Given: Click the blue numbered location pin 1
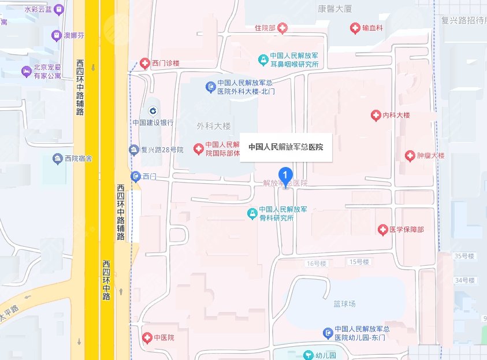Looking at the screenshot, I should [x=285, y=173].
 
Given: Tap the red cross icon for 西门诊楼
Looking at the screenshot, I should [x=144, y=62].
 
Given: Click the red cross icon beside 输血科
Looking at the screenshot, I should [x=356, y=28].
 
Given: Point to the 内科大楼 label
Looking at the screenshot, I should [x=396, y=116].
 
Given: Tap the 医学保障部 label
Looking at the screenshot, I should [x=406, y=230].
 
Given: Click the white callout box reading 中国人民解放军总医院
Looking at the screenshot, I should [x=285, y=147].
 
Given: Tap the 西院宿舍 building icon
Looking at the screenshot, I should [x=57, y=158].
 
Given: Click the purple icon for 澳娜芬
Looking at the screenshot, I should [x=57, y=35].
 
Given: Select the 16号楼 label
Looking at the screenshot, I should [x=317, y=263].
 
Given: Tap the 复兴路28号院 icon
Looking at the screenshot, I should [x=134, y=150].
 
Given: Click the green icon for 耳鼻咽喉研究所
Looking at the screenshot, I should [x=263, y=60].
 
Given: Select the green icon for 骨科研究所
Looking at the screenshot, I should [x=252, y=214].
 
